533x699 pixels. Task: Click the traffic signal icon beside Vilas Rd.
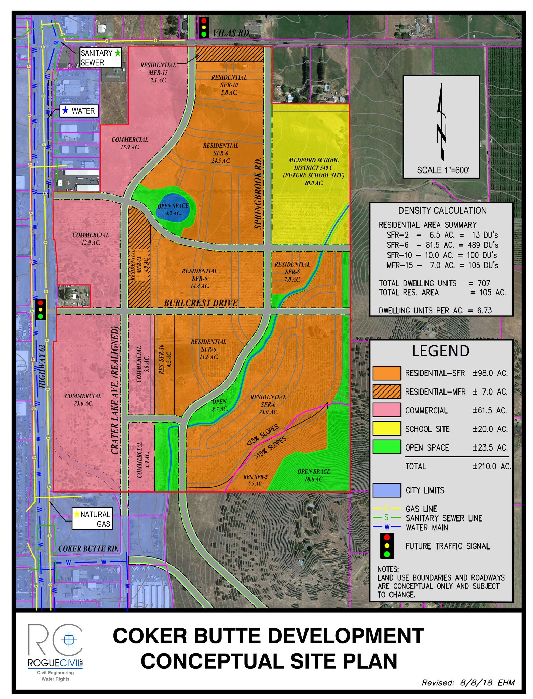(204, 27)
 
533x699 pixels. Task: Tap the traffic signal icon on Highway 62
(41, 310)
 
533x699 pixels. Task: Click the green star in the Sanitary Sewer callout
(118, 53)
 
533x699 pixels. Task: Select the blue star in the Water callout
(66, 111)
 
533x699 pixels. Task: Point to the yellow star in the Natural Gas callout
(77, 514)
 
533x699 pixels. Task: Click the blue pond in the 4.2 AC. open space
(173, 208)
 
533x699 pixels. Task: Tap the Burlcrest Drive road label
(201, 303)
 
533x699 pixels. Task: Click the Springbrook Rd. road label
(258, 193)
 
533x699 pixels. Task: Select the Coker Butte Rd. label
(88, 549)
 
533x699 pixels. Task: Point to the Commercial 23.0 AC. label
(83, 400)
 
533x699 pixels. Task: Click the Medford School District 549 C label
(313, 164)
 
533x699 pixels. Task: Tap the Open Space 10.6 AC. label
(314, 475)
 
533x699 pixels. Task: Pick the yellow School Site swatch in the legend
(386, 429)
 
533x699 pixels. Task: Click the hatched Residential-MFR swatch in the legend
(386, 391)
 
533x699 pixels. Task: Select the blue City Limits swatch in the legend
(386, 490)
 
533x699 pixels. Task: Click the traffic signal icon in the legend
(387, 546)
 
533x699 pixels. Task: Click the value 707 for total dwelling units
(484, 283)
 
